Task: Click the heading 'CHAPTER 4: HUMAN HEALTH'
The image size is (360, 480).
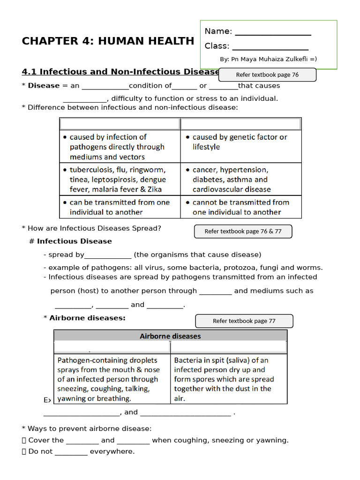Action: tap(108, 41)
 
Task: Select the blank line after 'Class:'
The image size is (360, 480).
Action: tap(270, 47)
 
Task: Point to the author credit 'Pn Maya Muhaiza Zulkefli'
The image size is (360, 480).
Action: tap(271, 59)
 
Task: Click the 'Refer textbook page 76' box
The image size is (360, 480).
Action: tap(267, 75)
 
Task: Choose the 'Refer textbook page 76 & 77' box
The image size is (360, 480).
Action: tap(243, 231)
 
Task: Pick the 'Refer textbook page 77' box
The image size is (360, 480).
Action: tap(244, 321)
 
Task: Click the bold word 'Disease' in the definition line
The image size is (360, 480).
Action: tap(44, 86)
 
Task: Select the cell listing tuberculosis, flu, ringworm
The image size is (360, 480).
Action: tap(120, 179)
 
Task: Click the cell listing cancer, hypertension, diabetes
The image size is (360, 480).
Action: tap(240, 179)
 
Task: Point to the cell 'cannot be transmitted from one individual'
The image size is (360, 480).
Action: tap(240, 207)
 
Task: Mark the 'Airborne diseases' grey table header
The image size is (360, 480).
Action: tap(170, 336)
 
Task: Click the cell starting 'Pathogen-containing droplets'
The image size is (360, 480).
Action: tap(112, 379)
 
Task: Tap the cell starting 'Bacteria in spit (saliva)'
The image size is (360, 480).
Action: tap(228, 379)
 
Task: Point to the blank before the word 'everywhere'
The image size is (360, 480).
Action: tap(71, 452)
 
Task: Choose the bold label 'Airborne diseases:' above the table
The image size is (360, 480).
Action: tap(87, 318)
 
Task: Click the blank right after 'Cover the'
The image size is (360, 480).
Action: tap(82, 441)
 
